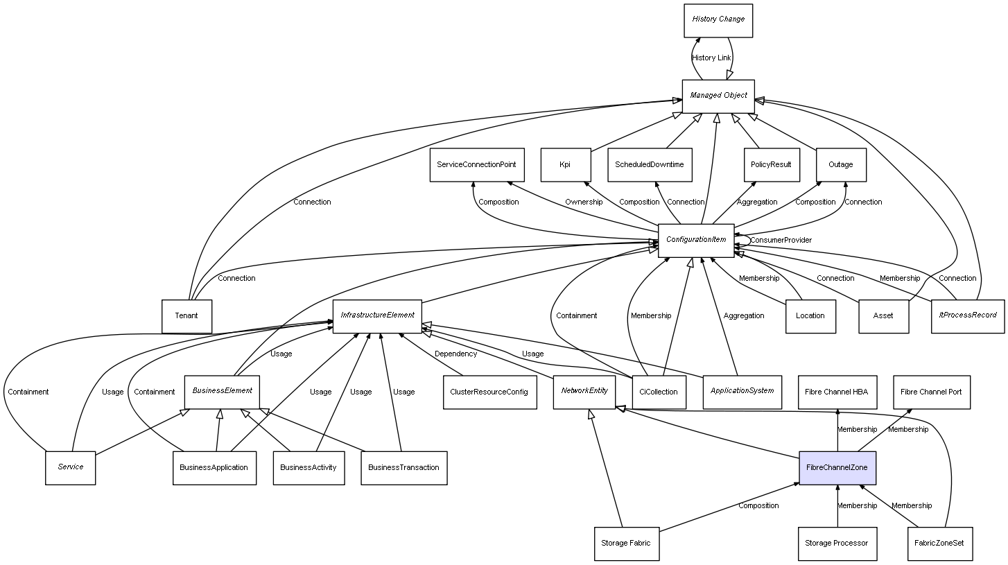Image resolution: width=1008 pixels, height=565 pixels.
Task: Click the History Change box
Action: (x=718, y=20)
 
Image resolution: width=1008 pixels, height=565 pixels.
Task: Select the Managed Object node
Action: (x=718, y=96)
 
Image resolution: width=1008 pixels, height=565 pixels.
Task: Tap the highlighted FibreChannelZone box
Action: (x=837, y=468)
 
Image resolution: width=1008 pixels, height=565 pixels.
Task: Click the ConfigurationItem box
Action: (x=695, y=240)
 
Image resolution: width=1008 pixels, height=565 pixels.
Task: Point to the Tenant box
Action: (x=186, y=316)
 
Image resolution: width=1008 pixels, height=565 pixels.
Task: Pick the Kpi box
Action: (x=565, y=165)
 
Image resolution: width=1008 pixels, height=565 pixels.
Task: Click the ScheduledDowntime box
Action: (x=650, y=165)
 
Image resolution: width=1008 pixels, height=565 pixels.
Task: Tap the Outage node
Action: (x=841, y=165)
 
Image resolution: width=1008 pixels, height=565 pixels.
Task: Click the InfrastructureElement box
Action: (x=377, y=315)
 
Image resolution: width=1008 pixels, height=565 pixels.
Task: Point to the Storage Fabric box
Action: (x=626, y=544)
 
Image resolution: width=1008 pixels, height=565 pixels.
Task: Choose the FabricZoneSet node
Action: (x=939, y=544)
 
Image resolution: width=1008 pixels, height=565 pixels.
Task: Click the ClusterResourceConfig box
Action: (x=489, y=392)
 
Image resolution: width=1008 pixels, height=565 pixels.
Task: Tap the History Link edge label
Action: (x=711, y=58)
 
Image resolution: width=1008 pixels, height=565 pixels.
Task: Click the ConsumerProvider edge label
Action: (x=781, y=240)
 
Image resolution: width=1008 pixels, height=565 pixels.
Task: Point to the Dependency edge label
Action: (x=455, y=354)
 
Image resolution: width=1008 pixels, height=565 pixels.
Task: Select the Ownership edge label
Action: (x=584, y=202)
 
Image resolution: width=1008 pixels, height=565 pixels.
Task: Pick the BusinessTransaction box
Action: (x=403, y=468)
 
